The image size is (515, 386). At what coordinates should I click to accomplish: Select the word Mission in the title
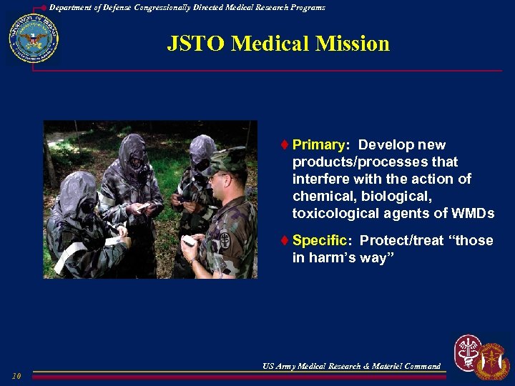tap(354, 44)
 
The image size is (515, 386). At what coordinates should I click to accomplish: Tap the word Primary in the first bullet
tap(318, 145)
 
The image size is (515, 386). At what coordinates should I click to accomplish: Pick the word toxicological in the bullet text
tap(334, 214)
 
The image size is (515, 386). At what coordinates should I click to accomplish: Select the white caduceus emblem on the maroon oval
tap(469, 352)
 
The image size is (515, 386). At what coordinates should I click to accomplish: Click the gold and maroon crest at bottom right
tap(493, 361)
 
